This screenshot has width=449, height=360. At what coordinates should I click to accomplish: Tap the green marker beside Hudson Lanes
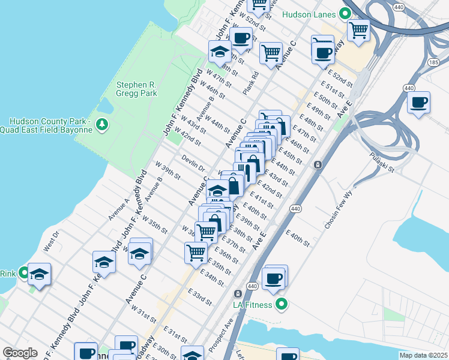coord(345,13)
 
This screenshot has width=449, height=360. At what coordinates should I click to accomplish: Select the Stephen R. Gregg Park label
coord(137,89)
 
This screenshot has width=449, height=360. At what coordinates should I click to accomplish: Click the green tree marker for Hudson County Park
coord(103,124)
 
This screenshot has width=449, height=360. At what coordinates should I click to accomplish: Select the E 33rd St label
coord(200,296)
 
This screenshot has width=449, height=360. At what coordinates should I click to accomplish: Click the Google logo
coord(20,353)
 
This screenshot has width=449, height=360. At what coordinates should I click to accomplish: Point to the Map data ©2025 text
coord(423,355)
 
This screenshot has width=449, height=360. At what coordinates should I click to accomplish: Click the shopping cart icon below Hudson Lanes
coord(358,29)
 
